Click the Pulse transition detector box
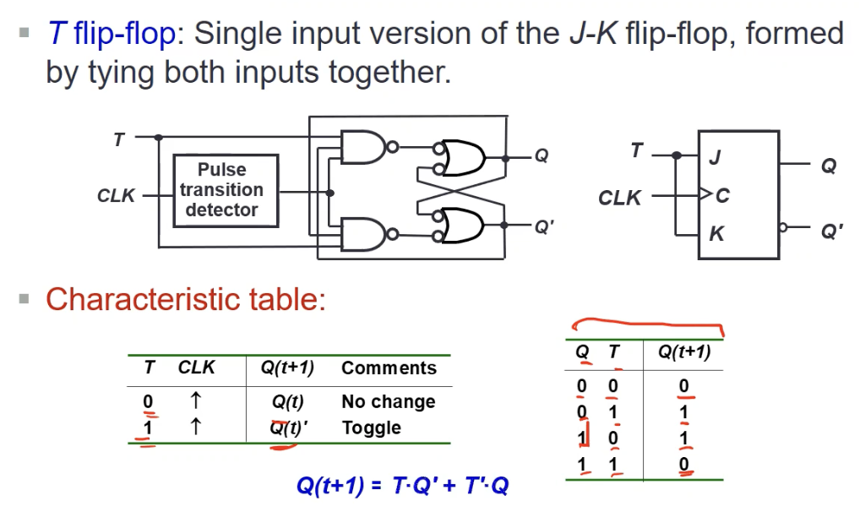pos(226,190)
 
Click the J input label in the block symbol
pos(716,158)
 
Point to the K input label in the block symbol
pos(716,233)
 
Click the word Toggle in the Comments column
pos(371,428)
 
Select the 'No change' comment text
pos(388,402)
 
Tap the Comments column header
pos(389,368)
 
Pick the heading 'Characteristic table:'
pos(186,299)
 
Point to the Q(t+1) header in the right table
pos(683,352)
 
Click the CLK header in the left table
pos(196,368)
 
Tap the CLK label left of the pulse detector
pos(117,196)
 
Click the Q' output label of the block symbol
pos(831,231)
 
